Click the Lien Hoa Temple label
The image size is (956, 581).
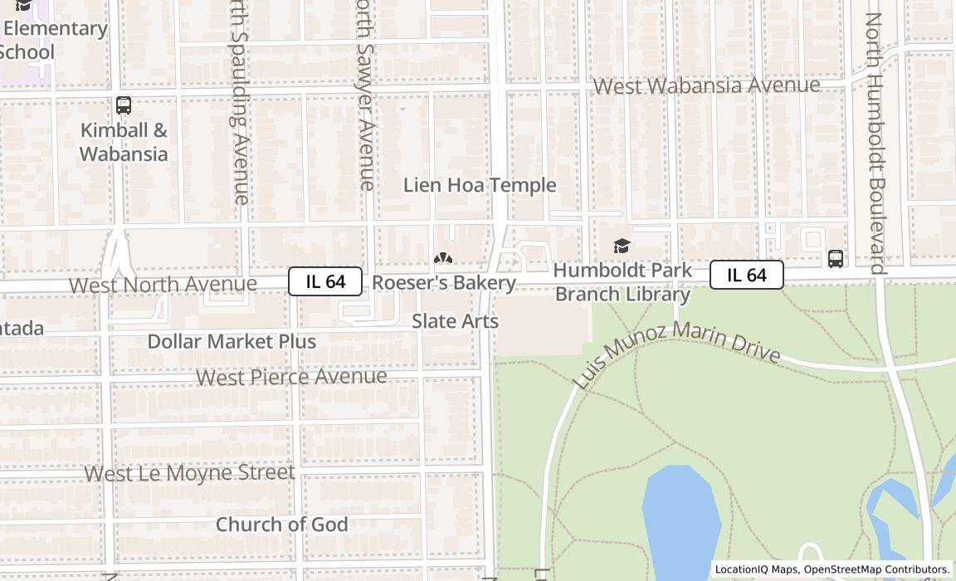[x=479, y=185]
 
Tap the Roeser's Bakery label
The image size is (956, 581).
[x=444, y=283]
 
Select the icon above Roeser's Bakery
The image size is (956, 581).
[x=443, y=259]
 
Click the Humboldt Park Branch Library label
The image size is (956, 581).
[x=622, y=282]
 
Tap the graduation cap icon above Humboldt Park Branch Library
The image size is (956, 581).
[x=622, y=246]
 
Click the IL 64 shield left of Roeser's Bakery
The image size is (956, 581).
[x=325, y=281]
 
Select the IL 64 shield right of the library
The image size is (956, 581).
[x=746, y=275]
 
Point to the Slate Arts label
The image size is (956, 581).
[x=455, y=321]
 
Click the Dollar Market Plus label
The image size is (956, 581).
[x=232, y=341]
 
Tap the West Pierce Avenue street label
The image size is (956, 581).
[x=291, y=377]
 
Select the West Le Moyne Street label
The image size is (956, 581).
[x=189, y=473]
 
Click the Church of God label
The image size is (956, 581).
[x=281, y=525]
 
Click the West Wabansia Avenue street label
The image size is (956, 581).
[x=706, y=85]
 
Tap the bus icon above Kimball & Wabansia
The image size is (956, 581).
[x=124, y=105]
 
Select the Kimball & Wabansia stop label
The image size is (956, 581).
[x=124, y=142]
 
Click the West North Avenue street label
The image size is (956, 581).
[x=163, y=285]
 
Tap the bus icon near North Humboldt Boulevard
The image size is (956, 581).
[x=836, y=258]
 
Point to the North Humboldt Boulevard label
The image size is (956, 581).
[x=876, y=143]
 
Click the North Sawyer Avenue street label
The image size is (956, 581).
[x=365, y=95]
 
